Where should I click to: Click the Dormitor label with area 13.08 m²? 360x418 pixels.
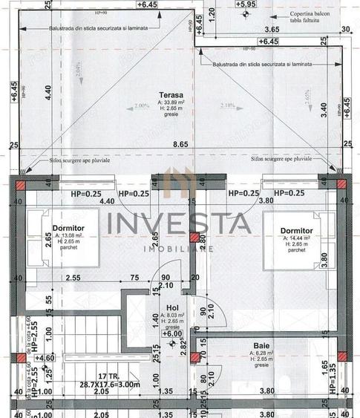(68, 229)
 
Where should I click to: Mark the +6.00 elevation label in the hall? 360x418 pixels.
(171, 333)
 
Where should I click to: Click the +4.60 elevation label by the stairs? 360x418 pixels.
(46, 358)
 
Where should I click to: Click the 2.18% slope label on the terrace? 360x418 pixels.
(227, 106)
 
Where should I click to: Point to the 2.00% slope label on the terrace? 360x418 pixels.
(120, 106)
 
